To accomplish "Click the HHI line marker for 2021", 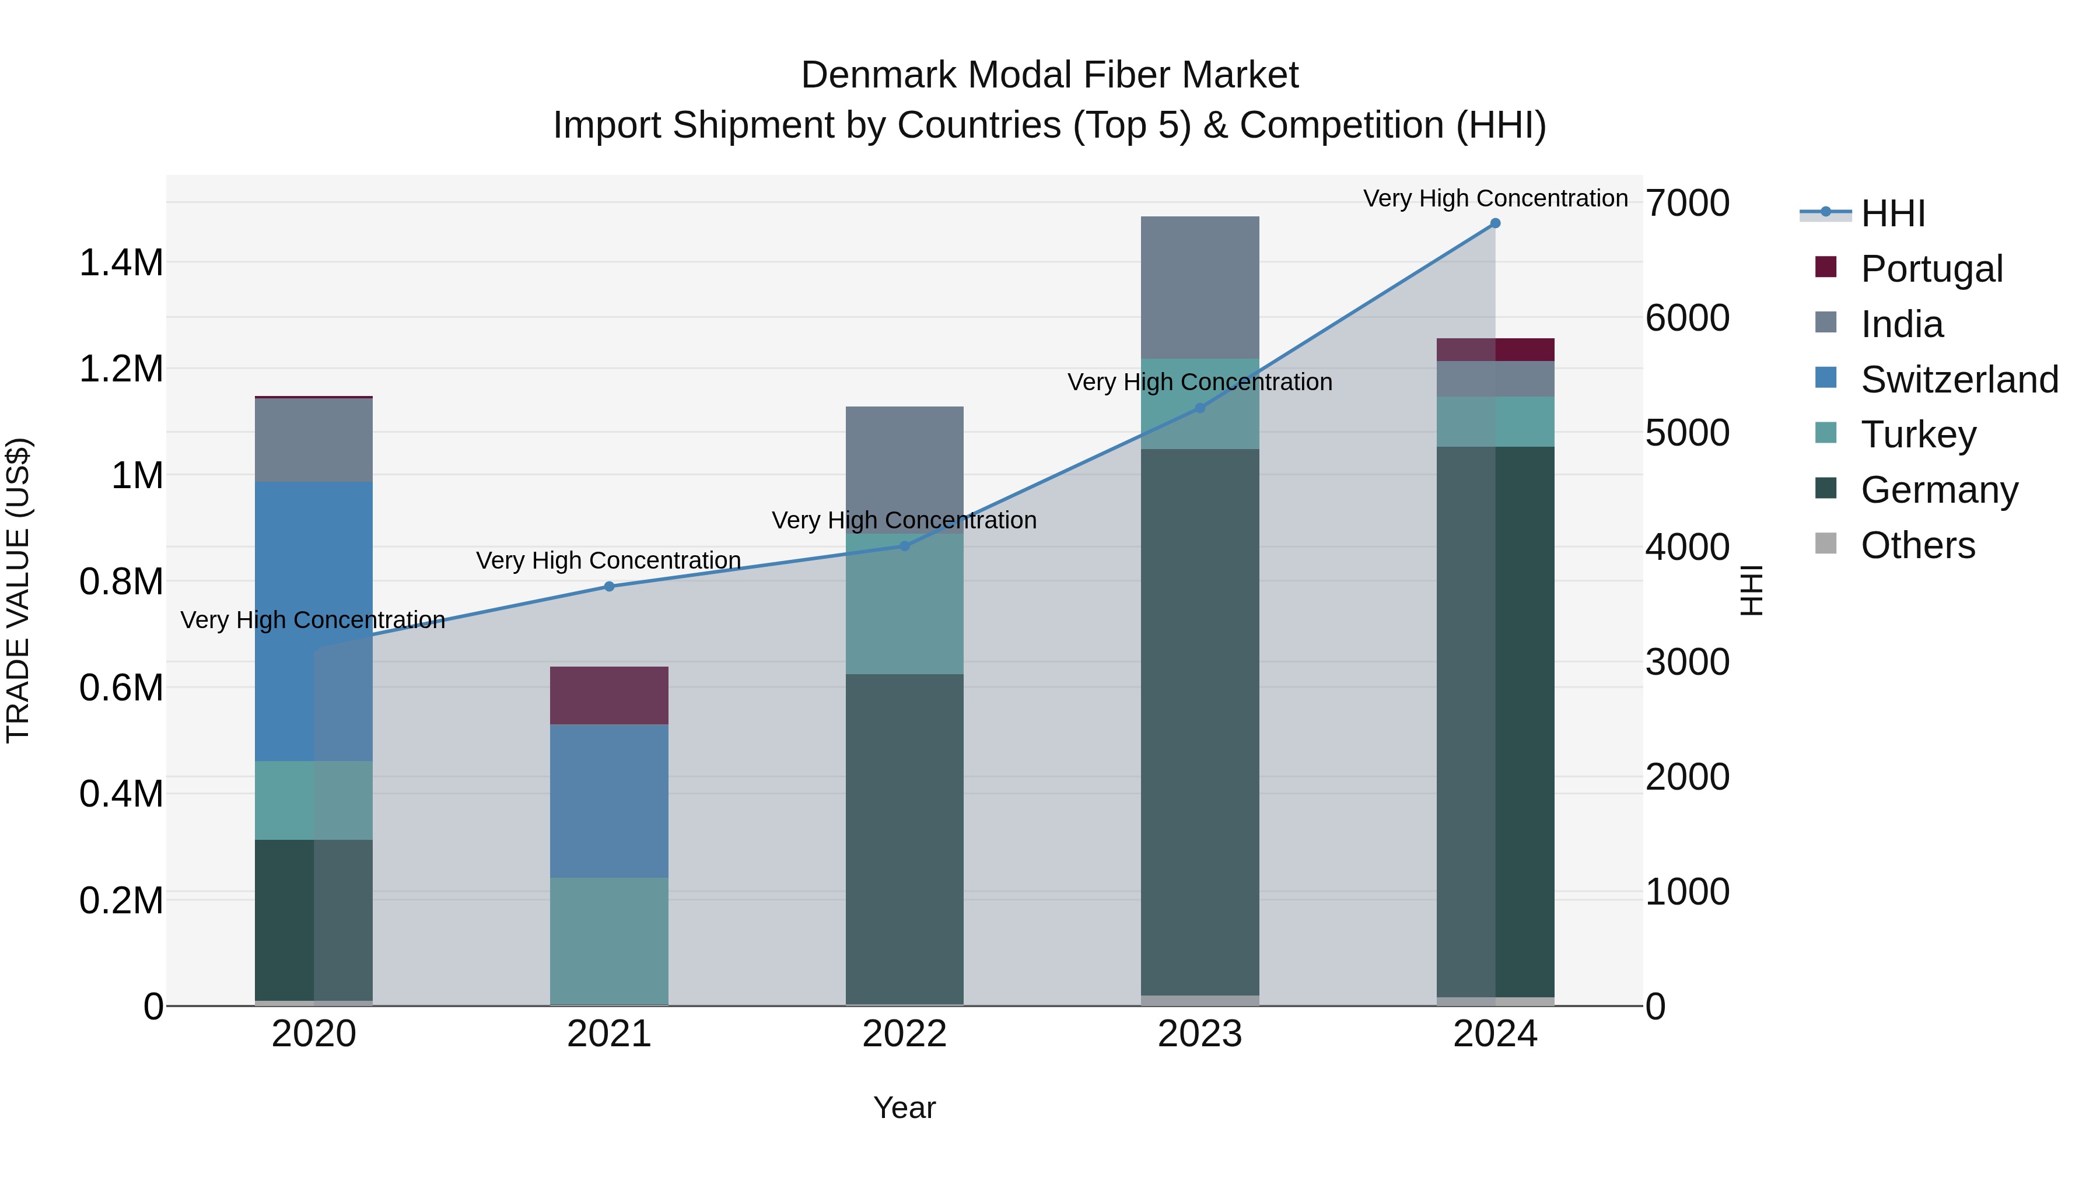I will [609, 586].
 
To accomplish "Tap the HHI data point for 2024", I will [1495, 223].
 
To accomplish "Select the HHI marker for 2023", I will [1199, 408].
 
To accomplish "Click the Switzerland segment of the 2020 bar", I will [314, 621].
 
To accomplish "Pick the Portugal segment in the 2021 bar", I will [609, 695].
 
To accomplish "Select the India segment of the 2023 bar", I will [1199, 287].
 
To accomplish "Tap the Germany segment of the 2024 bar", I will [1495, 721].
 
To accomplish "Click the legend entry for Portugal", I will [1931, 269].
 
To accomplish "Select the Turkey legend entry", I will [1918, 434].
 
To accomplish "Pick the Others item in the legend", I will [1917, 545].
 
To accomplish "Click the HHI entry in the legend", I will [1892, 213].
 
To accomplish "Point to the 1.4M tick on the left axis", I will [121, 263].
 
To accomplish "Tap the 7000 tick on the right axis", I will [1686, 203].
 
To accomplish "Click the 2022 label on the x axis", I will [904, 1034].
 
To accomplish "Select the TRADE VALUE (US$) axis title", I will [18, 590].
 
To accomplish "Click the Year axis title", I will [904, 1108].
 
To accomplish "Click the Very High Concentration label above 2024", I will [1495, 198].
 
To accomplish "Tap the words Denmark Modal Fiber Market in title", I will [1049, 75].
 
